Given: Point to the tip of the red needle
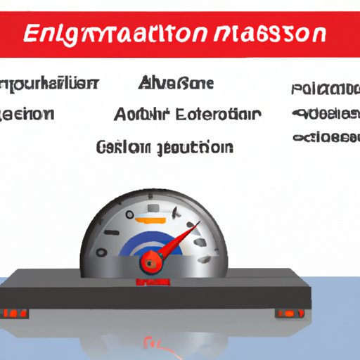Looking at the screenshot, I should (x=198, y=224).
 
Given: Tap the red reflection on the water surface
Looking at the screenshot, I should (x=152, y=343).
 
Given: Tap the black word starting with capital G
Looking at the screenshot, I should (x=123, y=147).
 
